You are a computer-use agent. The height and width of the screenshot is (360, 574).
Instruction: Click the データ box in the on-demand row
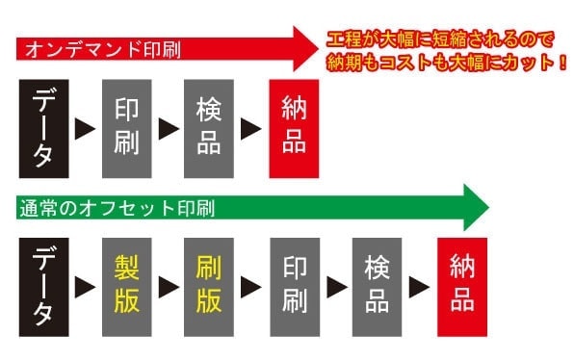43,128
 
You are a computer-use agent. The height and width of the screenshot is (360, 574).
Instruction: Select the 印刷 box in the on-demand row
126,128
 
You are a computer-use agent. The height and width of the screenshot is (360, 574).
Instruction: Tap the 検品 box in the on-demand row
209,128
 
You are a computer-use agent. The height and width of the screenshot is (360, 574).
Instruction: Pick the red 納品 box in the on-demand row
294,128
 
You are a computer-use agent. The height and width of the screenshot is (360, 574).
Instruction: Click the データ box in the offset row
43,286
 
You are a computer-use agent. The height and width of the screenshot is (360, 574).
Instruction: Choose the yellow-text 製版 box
126,286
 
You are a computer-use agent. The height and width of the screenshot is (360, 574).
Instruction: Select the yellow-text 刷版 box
209,286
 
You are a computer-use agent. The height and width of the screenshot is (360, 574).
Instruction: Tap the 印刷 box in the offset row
294,286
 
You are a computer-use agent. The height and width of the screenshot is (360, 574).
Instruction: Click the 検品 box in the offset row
378,286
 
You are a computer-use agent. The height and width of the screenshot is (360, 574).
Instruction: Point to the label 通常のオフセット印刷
115,206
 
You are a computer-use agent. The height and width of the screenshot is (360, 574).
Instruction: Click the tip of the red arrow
318,46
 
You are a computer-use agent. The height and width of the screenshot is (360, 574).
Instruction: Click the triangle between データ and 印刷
85,128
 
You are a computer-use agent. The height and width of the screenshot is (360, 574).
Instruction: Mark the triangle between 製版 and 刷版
168,287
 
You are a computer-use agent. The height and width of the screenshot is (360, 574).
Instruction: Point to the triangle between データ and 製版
85,287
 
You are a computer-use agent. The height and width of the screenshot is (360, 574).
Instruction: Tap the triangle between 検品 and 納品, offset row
420,287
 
